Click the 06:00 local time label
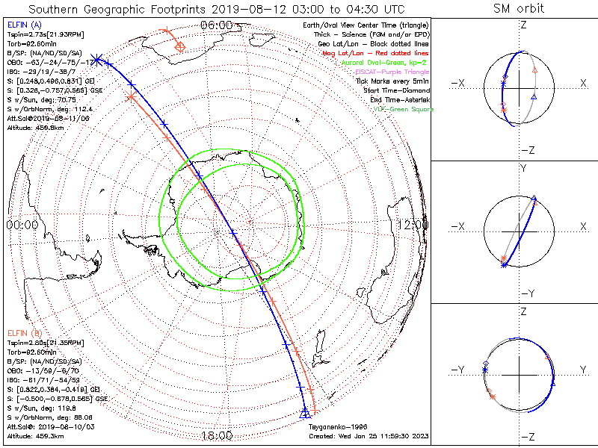pyautogui.click(x=216, y=25)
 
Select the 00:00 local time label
pyautogui.click(x=22, y=224)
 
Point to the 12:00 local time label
pyautogui.click(x=413, y=224)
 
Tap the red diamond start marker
pyautogui.click(x=179, y=47)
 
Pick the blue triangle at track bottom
pyautogui.click(x=304, y=412)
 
